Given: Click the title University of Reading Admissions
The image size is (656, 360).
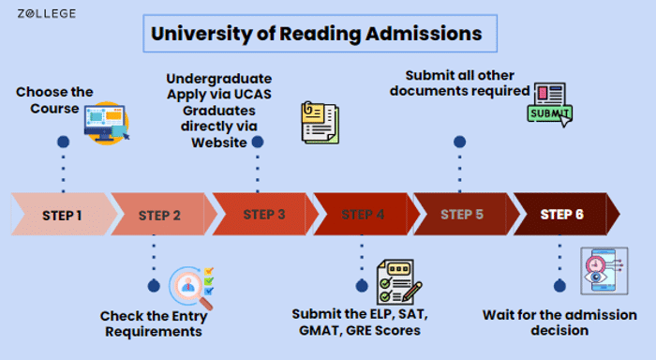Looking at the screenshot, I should coord(317,35).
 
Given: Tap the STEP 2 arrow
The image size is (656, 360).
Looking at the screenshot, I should coord(160,215).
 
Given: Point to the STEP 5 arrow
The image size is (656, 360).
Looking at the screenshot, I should coord(461,214).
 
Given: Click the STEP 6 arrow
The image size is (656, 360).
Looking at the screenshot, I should coord(562,214).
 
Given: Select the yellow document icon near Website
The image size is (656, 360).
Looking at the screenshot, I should coord(319,123).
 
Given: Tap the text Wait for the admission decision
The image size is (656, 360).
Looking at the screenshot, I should coord(559,322).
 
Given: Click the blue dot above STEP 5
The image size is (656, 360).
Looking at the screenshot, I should coord(459,142).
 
